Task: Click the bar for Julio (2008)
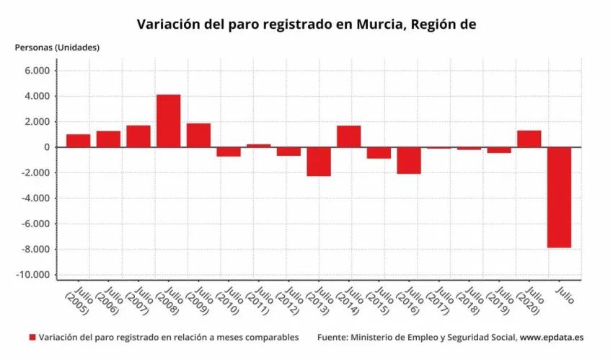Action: pyautogui.click(x=168, y=120)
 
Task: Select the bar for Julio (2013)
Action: pyautogui.click(x=319, y=162)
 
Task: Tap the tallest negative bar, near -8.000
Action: pyautogui.click(x=560, y=197)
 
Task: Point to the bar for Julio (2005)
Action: pyautogui.click(x=78, y=141)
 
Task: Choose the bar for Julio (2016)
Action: pyautogui.click(x=409, y=160)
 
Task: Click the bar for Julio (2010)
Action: pyautogui.click(x=229, y=152)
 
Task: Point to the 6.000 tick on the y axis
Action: pyautogui.click(x=36, y=71)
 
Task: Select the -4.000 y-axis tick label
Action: pyautogui.click(x=35, y=198)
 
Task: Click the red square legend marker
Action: pyautogui.click(x=32, y=337)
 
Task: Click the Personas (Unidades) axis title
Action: pyautogui.click(x=58, y=48)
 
